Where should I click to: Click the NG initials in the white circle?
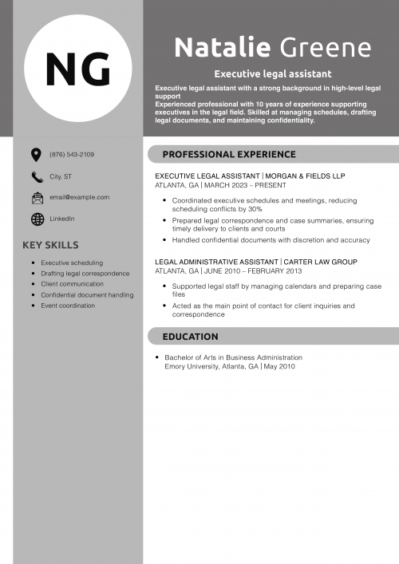pyautogui.click(x=77, y=69)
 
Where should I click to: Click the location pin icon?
pyautogui.click(x=36, y=154)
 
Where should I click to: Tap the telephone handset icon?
pyautogui.click(x=37, y=176)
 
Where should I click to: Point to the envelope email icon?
pyautogui.click(x=37, y=197)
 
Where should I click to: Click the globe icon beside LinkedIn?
pyautogui.click(x=37, y=219)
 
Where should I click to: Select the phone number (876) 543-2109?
pyautogui.click(x=72, y=154)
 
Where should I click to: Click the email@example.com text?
pyautogui.click(x=80, y=196)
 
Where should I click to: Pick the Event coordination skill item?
pyautogui.click(x=68, y=306)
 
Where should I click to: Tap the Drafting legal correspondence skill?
pyautogui.click(x=85, y=274)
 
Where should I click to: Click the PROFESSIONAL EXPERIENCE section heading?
pyautogui.click(x=229, y=155)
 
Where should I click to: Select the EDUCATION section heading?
pyautogui.click(x=190, y=337)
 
